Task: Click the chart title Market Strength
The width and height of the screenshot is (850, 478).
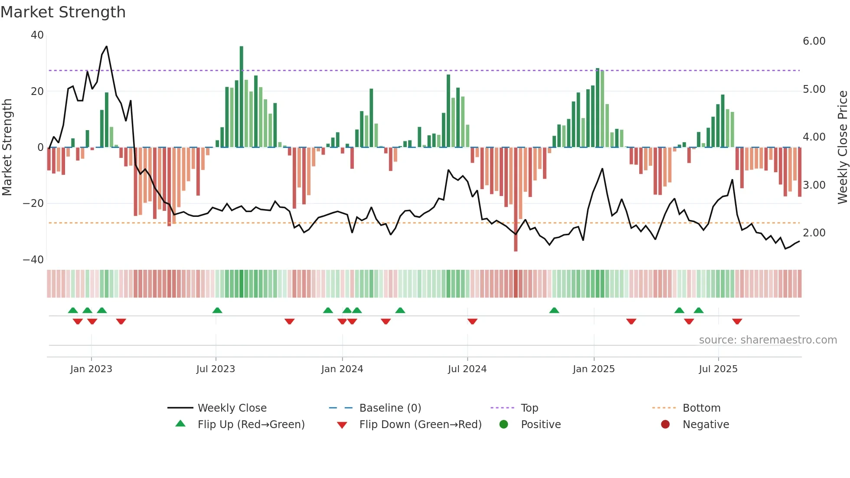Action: tap(63, 12)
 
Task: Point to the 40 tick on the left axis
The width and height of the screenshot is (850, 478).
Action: tap(37, 35)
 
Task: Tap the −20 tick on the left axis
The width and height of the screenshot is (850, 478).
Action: tap(33, 203)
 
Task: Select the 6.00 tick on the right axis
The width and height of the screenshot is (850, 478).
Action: tap(814, 41)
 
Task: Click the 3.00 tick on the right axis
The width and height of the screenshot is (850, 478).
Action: tap(814, 185)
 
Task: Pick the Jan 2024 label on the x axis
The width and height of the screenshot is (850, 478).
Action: tap(342, 369)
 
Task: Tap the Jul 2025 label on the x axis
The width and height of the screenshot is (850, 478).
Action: tap(718, 369)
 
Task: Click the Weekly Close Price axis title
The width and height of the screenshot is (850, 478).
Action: tap(842, 147)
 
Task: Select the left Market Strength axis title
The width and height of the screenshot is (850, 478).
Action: tap(7, 147)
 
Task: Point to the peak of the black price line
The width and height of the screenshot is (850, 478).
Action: tap(106, 46)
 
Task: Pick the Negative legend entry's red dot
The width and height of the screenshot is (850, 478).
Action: tap(665, 425)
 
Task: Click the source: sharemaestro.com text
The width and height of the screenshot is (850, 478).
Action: tap(768, 340)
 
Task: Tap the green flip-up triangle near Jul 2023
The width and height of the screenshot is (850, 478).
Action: tap(217, 311)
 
